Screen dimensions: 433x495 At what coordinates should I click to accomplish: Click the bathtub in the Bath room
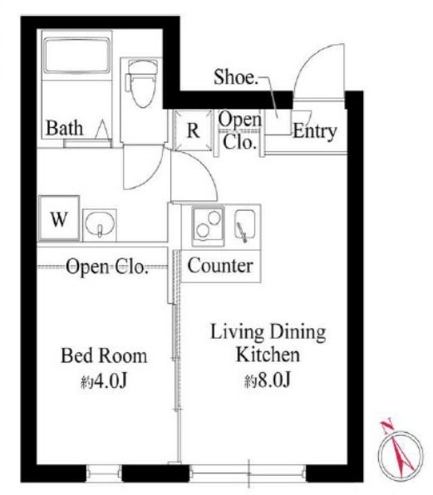coord(76,56)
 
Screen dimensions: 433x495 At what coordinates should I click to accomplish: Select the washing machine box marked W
coord(59,218)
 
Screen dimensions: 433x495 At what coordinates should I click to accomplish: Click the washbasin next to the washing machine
coord(100,224)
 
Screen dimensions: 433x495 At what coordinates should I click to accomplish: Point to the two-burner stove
coord(208,226)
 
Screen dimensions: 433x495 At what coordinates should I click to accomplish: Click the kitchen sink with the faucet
coord(245,225)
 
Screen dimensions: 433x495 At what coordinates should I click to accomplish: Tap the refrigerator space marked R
coord(193,130)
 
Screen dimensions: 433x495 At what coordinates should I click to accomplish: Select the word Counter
coord(220,266)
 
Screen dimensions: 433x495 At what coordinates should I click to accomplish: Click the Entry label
coord(314,131)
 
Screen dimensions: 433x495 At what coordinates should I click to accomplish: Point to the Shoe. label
coord(235,76)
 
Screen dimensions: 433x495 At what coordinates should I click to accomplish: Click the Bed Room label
coord(104,355)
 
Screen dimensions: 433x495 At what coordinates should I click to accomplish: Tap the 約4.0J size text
coord(104,381)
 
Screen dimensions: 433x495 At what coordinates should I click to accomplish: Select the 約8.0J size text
coord(268,380)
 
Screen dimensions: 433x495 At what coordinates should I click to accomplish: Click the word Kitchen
coord(268,355)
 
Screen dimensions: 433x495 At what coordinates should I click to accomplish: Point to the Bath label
coord(65,128)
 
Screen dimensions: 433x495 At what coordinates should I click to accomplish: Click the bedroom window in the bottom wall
coord(104,473)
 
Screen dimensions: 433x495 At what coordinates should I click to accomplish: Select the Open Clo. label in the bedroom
coord(107,267)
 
